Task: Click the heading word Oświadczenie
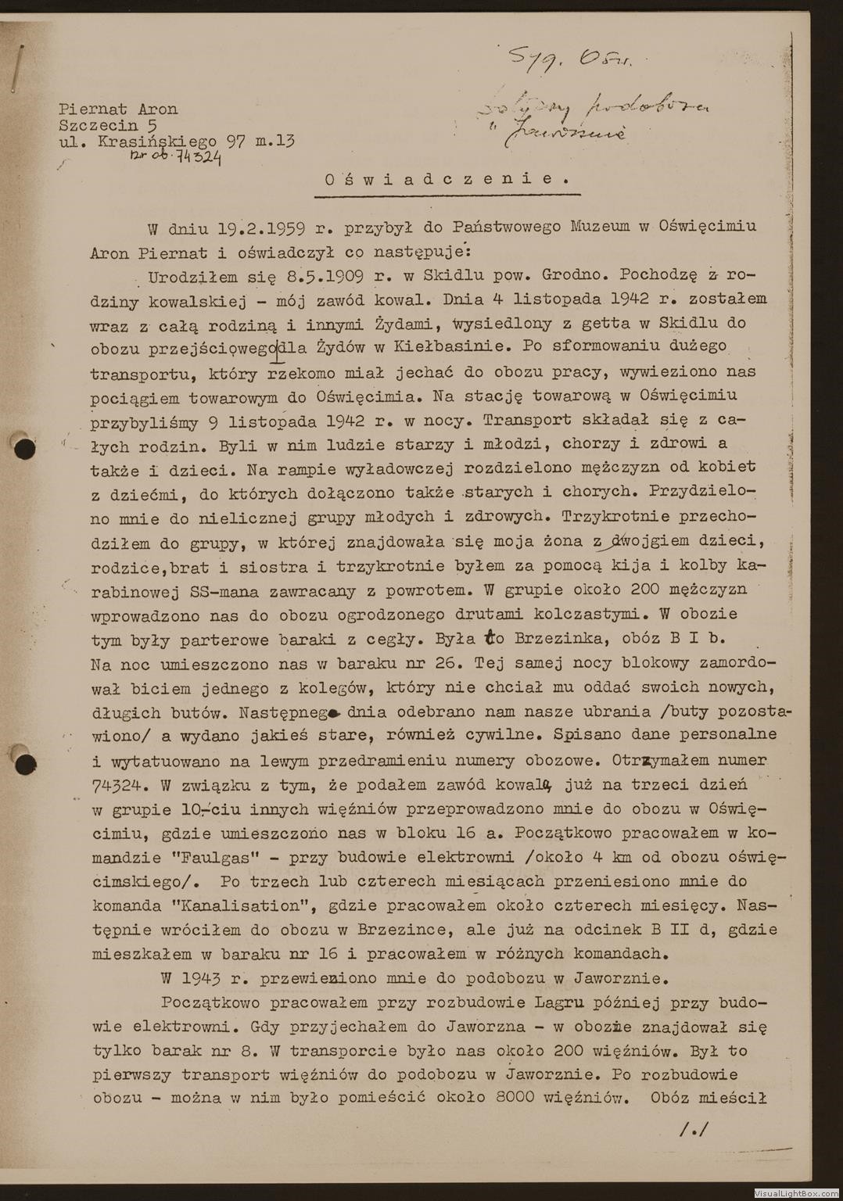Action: coord(447,178)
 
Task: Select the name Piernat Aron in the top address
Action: coord(118,109)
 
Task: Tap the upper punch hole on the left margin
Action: coord(26,448)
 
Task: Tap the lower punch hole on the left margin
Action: coord(26,763)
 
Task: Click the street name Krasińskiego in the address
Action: coord(156,142)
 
